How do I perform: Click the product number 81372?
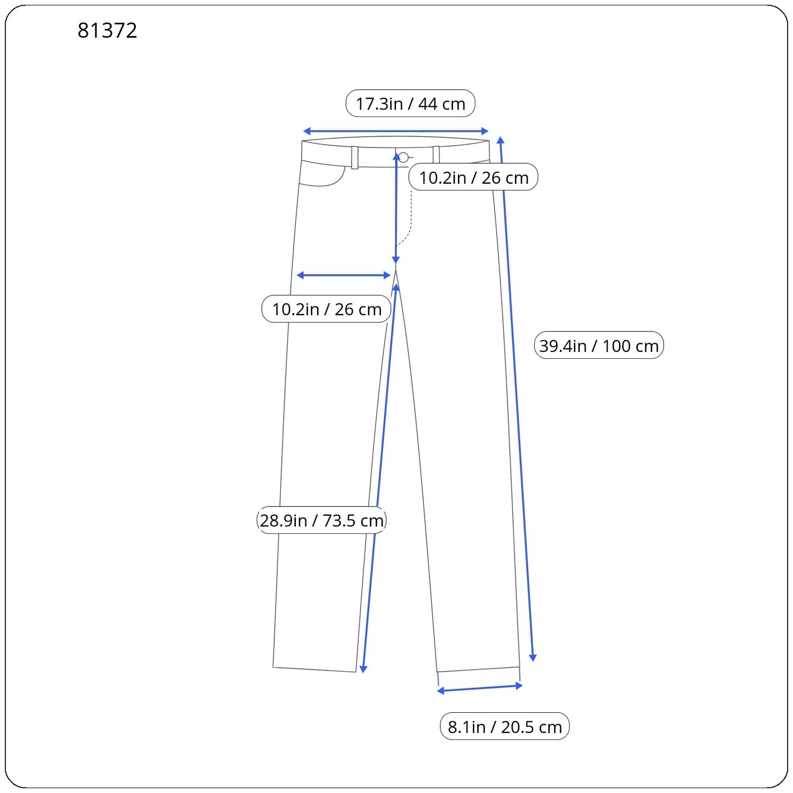pyautogui.click(x=107, y=31)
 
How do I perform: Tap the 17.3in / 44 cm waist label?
pyautogui.click(x=410, y=104)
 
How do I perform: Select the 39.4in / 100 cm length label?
pyautogui.click(x=599, y=345)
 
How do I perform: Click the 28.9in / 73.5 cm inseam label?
pyautogui.click(x=322, y=520)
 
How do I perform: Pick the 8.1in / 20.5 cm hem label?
pyautogui.click(x=505, y=727)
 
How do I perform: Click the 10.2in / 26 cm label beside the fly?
pyautogui.click(x=473, y=177)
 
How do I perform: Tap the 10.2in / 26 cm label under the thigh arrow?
pyautogui.click(x=326, y=309)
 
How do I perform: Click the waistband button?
pyautogui.click(x=403, y=158)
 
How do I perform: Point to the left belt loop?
pyautogui.click(x=355, y=158)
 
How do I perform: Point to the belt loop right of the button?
pyautogui.click(x=436, y=155)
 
